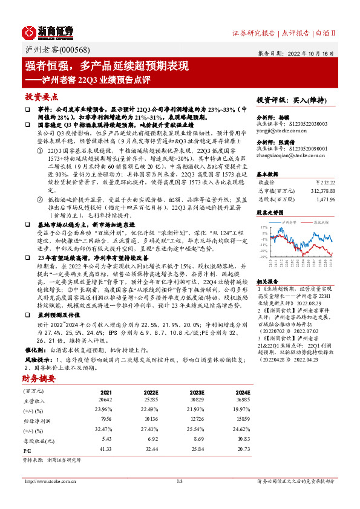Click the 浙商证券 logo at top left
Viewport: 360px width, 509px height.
pyautogui.click(x=48, y=31)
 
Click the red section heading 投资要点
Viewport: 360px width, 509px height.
pyautogui.click(x=41, y=96)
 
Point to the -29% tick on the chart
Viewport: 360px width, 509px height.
pyautogui.click(x=264, y=256)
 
